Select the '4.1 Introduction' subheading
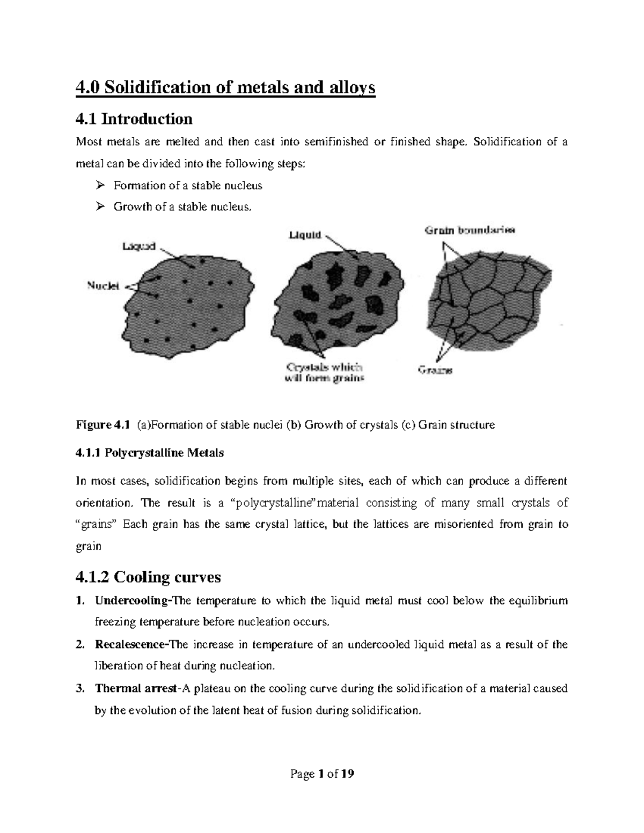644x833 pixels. [134, 118]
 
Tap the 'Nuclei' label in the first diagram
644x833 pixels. [103, 286]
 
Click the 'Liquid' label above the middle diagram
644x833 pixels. [305, 235]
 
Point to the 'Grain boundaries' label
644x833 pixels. [470, 231]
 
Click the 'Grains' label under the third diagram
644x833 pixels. [435, 370]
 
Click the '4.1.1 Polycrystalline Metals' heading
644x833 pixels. [150, 453]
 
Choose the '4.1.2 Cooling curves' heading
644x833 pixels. [148, 577]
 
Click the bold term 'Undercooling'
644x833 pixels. [131, 600]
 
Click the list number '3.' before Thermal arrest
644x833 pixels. [80, 688]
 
